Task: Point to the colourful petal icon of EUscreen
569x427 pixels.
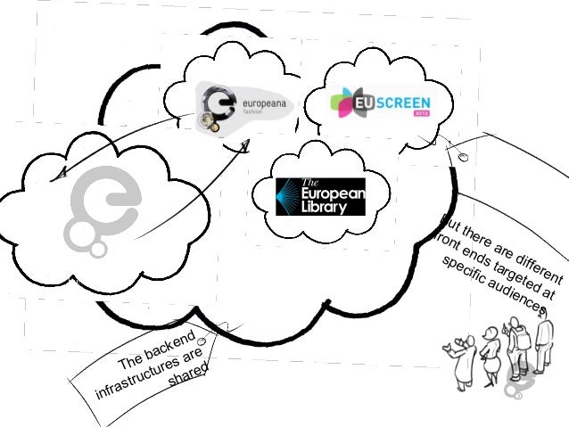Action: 343,103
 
